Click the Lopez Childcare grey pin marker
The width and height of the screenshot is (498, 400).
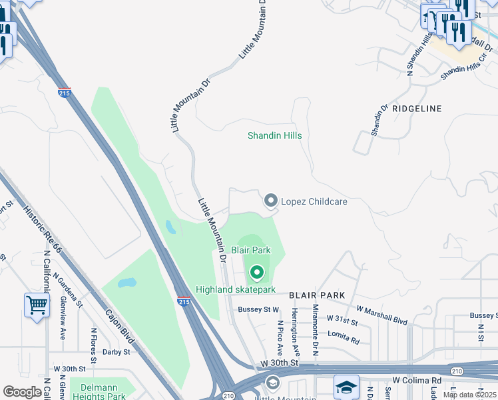pyautogui.click(x=271, y=201)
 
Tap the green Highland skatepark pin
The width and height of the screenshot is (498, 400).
pyautogui.click(x=257, y=273)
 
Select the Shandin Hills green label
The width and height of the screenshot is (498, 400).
pyautogui.click(x=274, y=135)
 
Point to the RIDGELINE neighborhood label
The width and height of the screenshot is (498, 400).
pyautogui.click(x=417, y=107)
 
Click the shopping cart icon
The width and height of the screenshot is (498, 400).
pyautogui.click(x=37, y=305)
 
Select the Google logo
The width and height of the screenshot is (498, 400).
pyautogui.click(x=23, y=392)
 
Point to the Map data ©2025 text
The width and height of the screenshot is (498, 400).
pyautogui.click(x=469, y=395)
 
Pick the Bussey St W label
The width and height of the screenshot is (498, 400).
pyautogui.click(x=259, y=309)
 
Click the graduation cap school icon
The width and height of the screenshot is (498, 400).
pyautogui.click(x=346, y=387)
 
